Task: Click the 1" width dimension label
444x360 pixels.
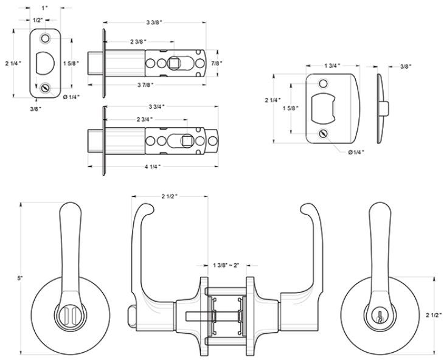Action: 44,7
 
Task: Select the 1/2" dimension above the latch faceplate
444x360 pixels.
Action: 38,20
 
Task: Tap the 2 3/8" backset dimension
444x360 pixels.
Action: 138,41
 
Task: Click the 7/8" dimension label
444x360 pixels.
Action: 216,63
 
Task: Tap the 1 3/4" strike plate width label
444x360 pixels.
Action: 332,65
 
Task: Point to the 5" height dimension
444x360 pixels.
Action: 20,279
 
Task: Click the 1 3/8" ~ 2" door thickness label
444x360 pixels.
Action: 226,266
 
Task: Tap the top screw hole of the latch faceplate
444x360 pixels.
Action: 45,38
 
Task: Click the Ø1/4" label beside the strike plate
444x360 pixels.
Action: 357,152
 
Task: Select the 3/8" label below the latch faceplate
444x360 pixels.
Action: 37,109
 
